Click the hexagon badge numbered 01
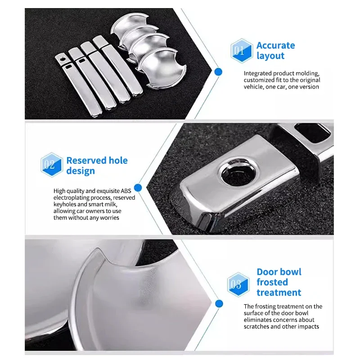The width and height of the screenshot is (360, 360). tap(241, 51)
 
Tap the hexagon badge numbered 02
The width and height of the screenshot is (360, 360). tap(52, 165)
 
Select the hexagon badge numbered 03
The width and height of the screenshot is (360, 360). tap(238, 285)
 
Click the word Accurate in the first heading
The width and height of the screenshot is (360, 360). tap(275, 45)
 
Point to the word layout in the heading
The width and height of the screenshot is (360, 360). tap(270, 56)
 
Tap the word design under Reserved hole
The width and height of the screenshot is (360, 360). tap(81, 171)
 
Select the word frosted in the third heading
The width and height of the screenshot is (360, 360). tap(272, 282)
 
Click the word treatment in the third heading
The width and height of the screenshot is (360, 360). tap(279, 292)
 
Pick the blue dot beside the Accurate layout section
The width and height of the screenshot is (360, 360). tap(218, 72)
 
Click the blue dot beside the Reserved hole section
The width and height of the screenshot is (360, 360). tap(138, 188)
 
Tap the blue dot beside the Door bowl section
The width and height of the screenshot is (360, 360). tap(219, 303)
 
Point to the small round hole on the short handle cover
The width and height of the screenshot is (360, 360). tap(62, 58)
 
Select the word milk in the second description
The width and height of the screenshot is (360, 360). tap(111, 204)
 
